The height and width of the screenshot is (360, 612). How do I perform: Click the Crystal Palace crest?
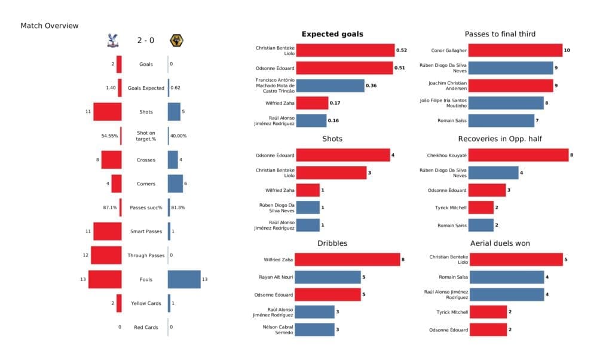pos(111,41)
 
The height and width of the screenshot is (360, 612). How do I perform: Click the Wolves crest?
pos(176,41)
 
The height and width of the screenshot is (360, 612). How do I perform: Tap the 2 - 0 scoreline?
pos(145,41)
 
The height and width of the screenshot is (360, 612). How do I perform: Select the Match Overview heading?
pos(49,26)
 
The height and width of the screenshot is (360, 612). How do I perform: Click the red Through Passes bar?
pos(106,255)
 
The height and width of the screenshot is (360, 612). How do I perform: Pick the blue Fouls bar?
pos(184,279)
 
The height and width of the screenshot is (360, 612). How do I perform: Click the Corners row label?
pos(145,184)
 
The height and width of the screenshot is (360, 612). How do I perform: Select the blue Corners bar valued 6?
pos(175,184)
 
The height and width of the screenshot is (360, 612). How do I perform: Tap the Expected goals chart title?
pos(332,34)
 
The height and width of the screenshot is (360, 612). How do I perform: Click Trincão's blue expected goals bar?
pos(330,86)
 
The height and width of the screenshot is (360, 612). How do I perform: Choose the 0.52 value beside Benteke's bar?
pos(402,51)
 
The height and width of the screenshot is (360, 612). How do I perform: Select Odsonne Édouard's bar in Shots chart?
pos(343,155)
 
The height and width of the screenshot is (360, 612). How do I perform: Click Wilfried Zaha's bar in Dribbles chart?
pos(348,260)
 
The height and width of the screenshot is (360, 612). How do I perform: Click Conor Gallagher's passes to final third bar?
pos(515,51)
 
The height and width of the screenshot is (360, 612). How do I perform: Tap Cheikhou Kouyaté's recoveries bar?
pos(518,155)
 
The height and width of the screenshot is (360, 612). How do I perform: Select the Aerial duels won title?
pos(500,243)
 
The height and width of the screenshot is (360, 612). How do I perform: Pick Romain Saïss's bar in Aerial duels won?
pos(506,277)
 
